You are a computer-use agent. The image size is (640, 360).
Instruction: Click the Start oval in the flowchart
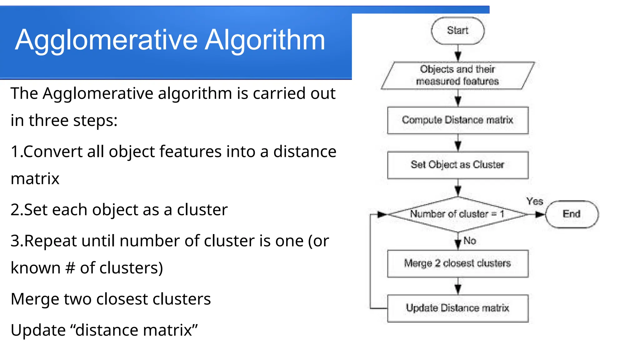point(457,31)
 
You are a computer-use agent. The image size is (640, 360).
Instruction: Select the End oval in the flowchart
point(572,214)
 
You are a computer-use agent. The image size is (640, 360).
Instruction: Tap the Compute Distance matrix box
point(457,120)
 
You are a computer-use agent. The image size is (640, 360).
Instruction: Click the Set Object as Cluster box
point(457,165)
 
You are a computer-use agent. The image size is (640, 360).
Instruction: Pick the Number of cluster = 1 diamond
point(457,214)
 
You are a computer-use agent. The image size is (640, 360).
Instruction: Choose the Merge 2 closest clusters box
point(457,263)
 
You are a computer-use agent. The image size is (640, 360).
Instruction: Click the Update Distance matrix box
point(457,308)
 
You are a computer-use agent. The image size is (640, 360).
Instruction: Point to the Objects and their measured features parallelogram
point(457,75)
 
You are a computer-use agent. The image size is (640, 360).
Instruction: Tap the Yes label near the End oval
point(535,201)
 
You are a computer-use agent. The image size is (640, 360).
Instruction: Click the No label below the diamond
point(470,241)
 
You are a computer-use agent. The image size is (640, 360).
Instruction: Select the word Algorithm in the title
point(265,40)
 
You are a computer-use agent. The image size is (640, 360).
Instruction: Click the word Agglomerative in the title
point(106,40)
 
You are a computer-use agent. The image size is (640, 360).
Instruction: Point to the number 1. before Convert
point(16,152)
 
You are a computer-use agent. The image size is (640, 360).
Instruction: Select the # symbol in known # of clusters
point(70,268)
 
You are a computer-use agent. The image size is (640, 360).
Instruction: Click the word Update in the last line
point(38,330)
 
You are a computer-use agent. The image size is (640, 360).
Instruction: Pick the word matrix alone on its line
point(35,179)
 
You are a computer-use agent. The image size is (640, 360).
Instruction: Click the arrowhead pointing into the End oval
point(540,214)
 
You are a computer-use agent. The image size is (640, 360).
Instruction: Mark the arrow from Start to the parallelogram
point(458,53)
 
